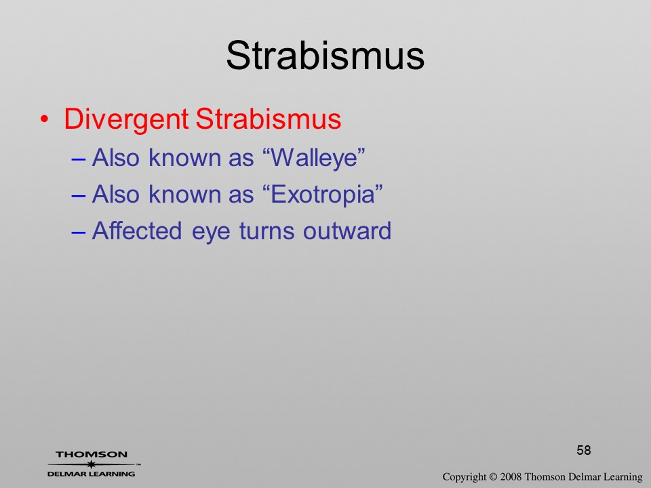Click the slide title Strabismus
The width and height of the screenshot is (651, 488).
(x=325, y=56)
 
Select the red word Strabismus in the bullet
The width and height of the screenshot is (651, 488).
(x=269, y=119)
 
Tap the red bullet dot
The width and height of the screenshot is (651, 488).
(x=44, y=120)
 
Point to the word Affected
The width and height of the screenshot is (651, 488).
(x=137, y=230)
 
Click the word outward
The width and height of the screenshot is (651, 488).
(x=347, y=230)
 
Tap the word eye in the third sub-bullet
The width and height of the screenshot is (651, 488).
(x=211, y=232)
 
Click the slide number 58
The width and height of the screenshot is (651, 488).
(x=584, y=450)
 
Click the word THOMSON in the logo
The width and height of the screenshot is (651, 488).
(x=92, y=454)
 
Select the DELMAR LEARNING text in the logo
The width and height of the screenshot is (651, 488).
(x=92, y=474)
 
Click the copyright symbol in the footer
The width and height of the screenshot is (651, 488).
(x=493, y=476)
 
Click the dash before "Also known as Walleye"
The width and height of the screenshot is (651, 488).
(x=79, y=159)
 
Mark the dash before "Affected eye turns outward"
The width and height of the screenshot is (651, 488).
(x=79, y=232)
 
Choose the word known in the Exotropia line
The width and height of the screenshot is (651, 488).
(x=185, y=194)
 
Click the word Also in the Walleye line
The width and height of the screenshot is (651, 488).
(x=115, y=158)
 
